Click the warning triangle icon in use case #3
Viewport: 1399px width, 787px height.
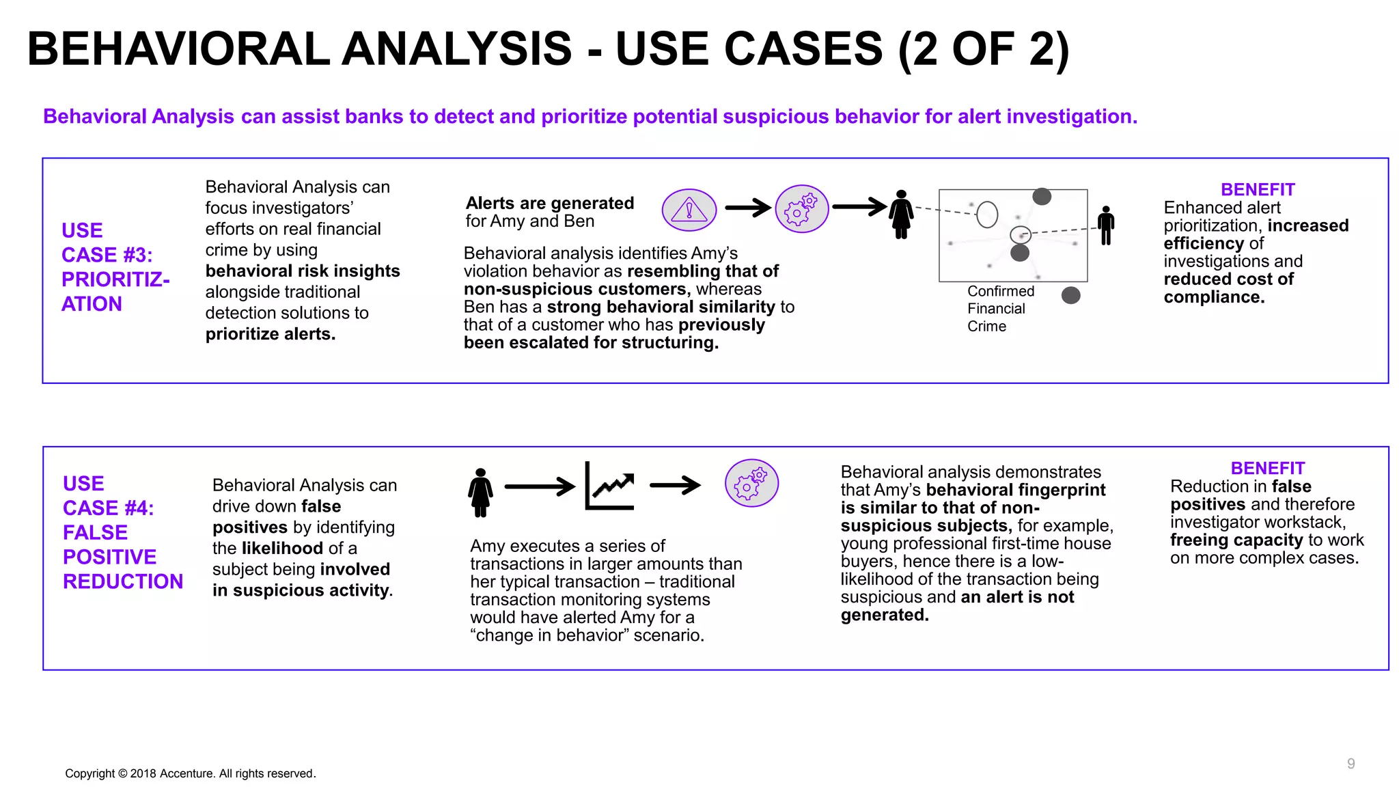689,210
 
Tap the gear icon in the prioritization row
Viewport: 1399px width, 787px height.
801,209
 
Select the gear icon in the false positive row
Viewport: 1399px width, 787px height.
751,483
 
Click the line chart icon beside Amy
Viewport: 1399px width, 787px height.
609,486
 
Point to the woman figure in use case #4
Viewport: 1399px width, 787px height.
480,493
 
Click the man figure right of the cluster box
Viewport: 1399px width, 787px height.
1106,225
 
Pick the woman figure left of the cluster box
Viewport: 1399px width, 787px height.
901,215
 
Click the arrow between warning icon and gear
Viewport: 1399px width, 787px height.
747,207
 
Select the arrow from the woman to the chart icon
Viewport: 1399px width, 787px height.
539,486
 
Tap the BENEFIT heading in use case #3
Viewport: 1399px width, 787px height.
1257,190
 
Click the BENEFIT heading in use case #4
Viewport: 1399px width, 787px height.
1267,469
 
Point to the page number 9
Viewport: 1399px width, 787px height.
1350,764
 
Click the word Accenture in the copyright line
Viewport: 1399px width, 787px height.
187,773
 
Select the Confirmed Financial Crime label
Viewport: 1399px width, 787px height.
1000,309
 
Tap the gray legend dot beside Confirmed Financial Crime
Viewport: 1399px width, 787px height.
1070,295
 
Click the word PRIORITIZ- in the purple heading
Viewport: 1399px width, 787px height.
115,279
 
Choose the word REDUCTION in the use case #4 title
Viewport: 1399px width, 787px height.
123,581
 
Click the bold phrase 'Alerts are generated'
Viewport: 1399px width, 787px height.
549,203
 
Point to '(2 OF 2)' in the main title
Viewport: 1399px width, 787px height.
984,49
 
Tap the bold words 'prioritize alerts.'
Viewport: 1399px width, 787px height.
271,334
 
